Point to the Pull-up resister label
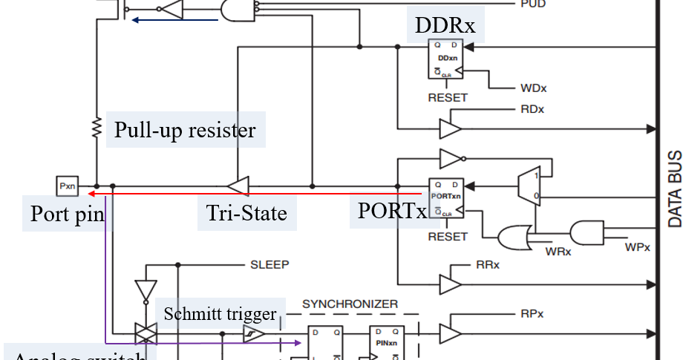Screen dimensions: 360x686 point(185,130)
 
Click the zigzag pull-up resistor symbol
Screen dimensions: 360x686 point(97,128)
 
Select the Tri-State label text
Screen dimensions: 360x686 point(246,213)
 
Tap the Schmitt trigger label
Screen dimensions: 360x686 point(220,313)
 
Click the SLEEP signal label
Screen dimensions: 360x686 point(269,264)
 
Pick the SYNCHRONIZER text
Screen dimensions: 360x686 point(350,304)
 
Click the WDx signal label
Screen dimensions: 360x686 point(533,88)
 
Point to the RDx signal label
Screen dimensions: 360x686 point(532,110)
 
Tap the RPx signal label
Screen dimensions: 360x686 point(532,313)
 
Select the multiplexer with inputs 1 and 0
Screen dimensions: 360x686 point(529,185)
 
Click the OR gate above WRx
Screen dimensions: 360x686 point(512,237)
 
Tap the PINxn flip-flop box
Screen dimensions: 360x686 point(386,343)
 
